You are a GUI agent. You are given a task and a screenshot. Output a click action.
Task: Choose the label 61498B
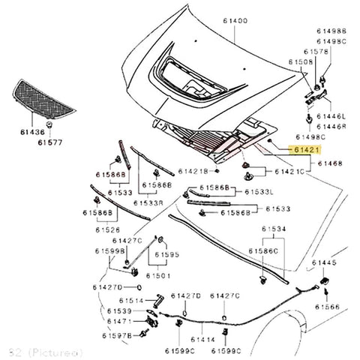(x=331, y=31)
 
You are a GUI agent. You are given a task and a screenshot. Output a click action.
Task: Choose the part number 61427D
(x=108, y=287)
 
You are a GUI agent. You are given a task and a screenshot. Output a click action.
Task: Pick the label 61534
(x=272, y=228)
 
